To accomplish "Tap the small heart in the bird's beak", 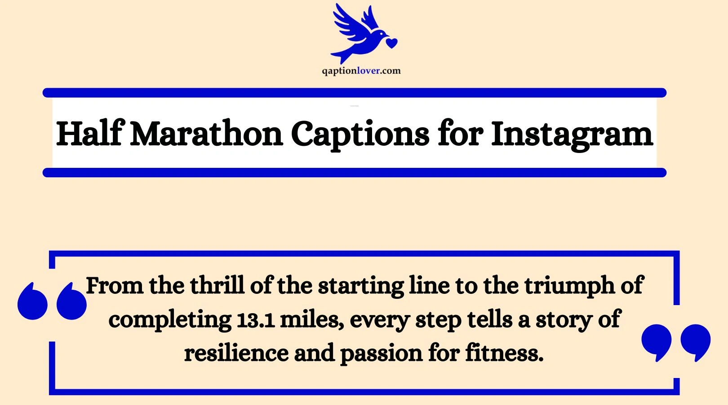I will [x=392, y=43].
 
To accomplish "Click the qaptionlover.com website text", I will [x=361, y=71].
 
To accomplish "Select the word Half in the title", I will [x=89, y=134].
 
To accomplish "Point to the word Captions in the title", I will [x=360, y=134].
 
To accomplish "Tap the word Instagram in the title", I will [x=572, y=135].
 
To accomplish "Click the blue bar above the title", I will [x=354, y=93].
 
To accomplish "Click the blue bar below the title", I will [x=354, y=172].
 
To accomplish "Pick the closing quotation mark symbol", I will [x=676, y=342].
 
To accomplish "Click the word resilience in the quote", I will [x=236, y=353].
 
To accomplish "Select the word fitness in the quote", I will [x=504, y=353].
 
